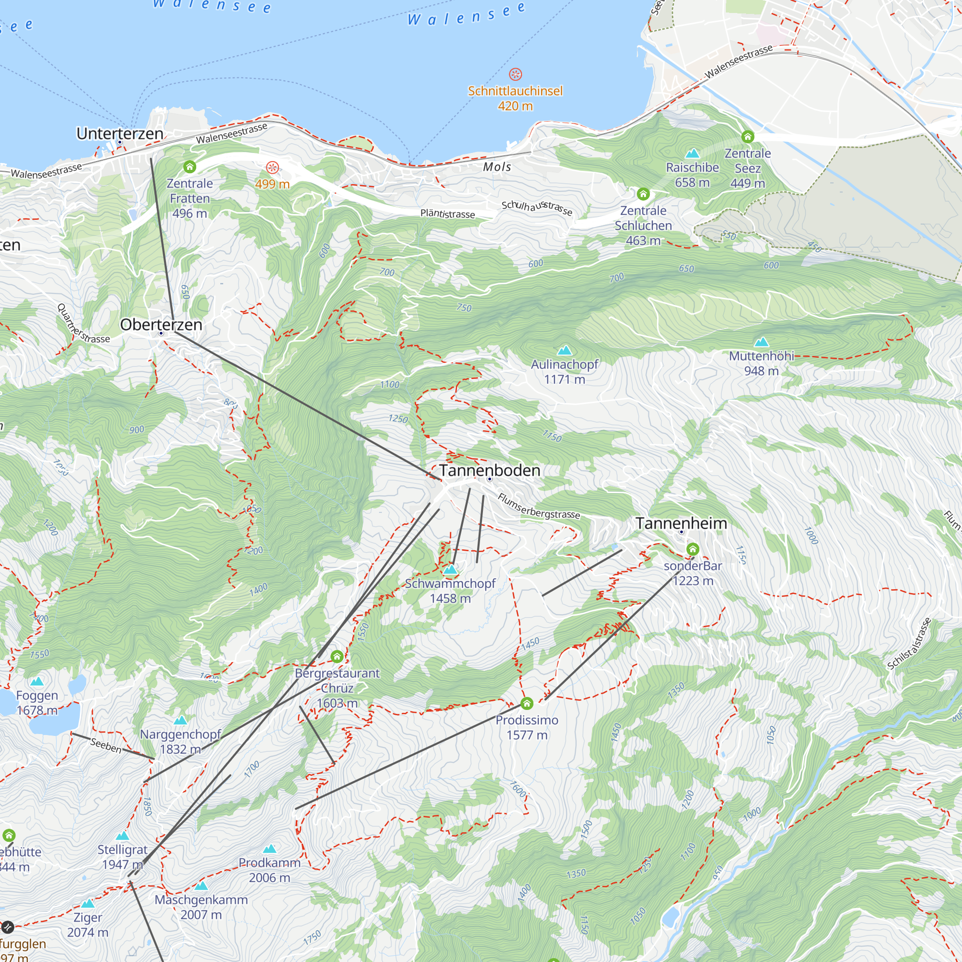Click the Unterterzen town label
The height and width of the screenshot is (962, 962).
pos(119,133)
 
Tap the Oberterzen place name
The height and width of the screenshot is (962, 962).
pos(161,325)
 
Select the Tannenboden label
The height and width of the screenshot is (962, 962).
pos(490,470)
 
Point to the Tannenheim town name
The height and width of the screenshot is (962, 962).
pos(681,523)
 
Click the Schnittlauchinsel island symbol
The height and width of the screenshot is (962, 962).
pos(515,75)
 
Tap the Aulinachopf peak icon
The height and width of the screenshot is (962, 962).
pos(564,351)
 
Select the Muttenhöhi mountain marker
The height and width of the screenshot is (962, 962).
pos(761,342)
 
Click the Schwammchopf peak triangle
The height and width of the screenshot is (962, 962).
pos(450,569)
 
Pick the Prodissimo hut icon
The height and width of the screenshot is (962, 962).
pos(527,704)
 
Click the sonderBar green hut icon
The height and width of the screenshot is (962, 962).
pos(693,550)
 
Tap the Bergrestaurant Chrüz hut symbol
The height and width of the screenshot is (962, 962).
pos(337,656)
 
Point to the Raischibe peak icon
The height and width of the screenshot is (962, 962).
pos(692,153)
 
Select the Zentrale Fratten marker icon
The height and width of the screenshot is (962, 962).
pos(190,167)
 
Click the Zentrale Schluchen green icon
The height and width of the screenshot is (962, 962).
pos(643,194)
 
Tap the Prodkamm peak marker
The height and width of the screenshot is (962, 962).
pos(269,848)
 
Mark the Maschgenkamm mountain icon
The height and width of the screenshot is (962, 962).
pos(201,886)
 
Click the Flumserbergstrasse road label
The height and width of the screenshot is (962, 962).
pos(538,506)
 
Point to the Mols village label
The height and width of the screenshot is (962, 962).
pos(497,167)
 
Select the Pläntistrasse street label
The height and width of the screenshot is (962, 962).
pos(447,214)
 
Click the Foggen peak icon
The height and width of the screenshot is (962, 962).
pos(37,682)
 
